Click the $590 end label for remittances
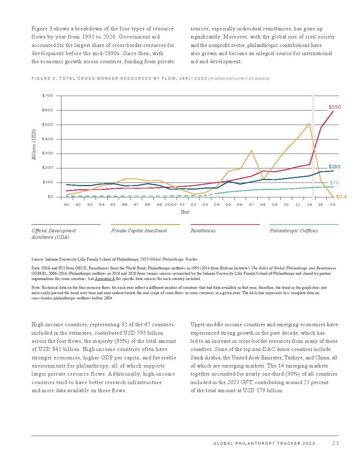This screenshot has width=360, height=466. pyautogui.click(x=335, y=107)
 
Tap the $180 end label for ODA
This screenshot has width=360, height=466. pyautogui.click(x=334, y=167)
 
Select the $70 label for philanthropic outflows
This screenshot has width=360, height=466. pyautogui.click(x=334, y=183)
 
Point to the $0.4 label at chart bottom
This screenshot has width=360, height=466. pyautogui.click(x=341, y=197)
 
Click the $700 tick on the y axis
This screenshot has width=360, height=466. pyautogui.click(x=48, y=96)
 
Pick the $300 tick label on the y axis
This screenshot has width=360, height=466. pyautogui.click(x=48, y=153)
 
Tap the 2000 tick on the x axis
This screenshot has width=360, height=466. pyautogui.click(x=170, y=204)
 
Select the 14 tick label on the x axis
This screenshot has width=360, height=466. pyautogui.click(x=310, y=204)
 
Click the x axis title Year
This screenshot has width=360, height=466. pyautogui.click(x=185, y=212)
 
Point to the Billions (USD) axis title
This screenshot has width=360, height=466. pyautogui.click(x=34, y=144)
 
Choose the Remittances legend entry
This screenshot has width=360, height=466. pyautogui.click(x=203, y=231)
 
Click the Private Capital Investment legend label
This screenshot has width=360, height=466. pyautogui.click(x=139, y=231)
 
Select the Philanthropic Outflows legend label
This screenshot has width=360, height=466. pyautogui.click(x=294, y=231)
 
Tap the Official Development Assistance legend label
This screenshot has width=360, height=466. pyautogui.click(x=54, y=234)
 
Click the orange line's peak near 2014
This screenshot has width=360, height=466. pyautogui.click(x=309, y=124)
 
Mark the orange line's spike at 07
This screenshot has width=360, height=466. pyautogui.click(x=251, y=151)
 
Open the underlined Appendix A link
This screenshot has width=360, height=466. pyautogui.click(x=105, y=279)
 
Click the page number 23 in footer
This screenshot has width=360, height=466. pyautogui.click(x=335, y=443)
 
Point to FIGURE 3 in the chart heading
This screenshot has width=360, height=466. pyautogui.click(x=44, y=78)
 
